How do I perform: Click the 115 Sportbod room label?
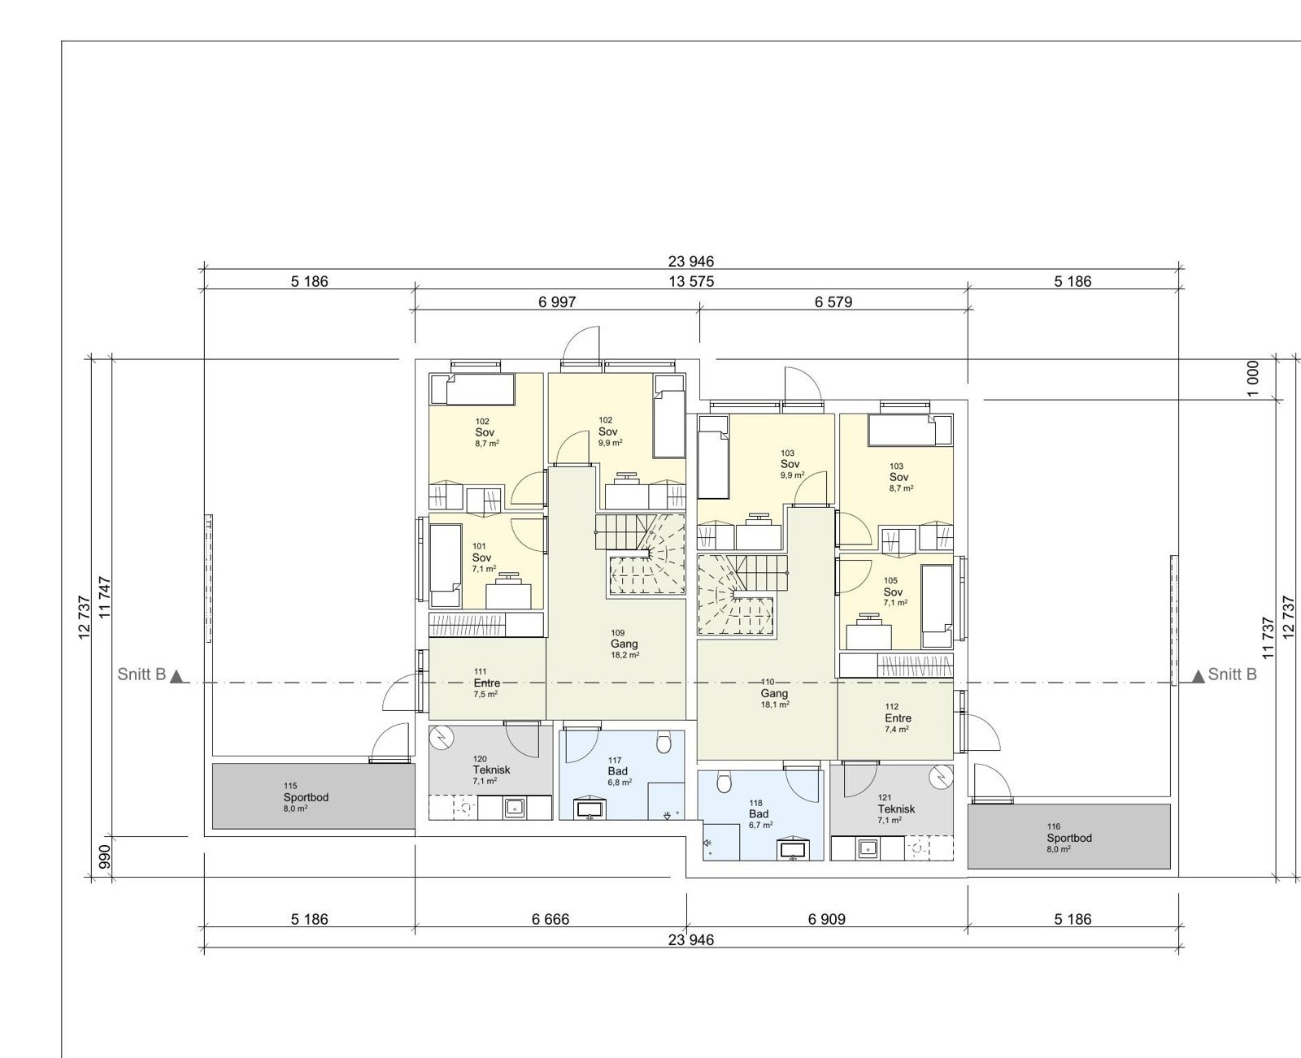(306, 797)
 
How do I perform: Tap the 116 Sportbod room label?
(1068, 838)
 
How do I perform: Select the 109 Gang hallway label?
(624, 644)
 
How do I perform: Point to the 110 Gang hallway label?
(773, 693)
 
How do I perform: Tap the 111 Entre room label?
(486, 683)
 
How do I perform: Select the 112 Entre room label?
(898, 718)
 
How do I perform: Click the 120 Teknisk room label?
(491, 770)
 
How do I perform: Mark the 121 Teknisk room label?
(895, 809)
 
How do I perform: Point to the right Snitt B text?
(1232, 674)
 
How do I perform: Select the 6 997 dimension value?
(557, 302)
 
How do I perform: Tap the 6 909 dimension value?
(826, 919)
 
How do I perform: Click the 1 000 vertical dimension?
(1253, 379)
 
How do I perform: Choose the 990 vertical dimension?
(104, 857)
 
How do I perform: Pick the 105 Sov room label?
(893, 592)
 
